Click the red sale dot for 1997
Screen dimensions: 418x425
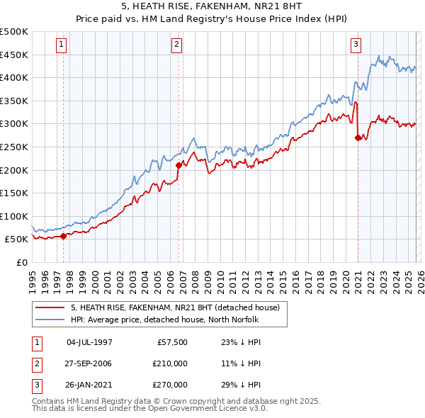click(64, 236)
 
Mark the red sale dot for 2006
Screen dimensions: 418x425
click(178, 165)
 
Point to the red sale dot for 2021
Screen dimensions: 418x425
click(358, 138)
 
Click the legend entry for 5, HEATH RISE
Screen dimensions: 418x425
click(175, 307)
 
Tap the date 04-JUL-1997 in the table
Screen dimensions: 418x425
click(89, 342)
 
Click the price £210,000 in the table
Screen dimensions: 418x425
click(171, 363)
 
